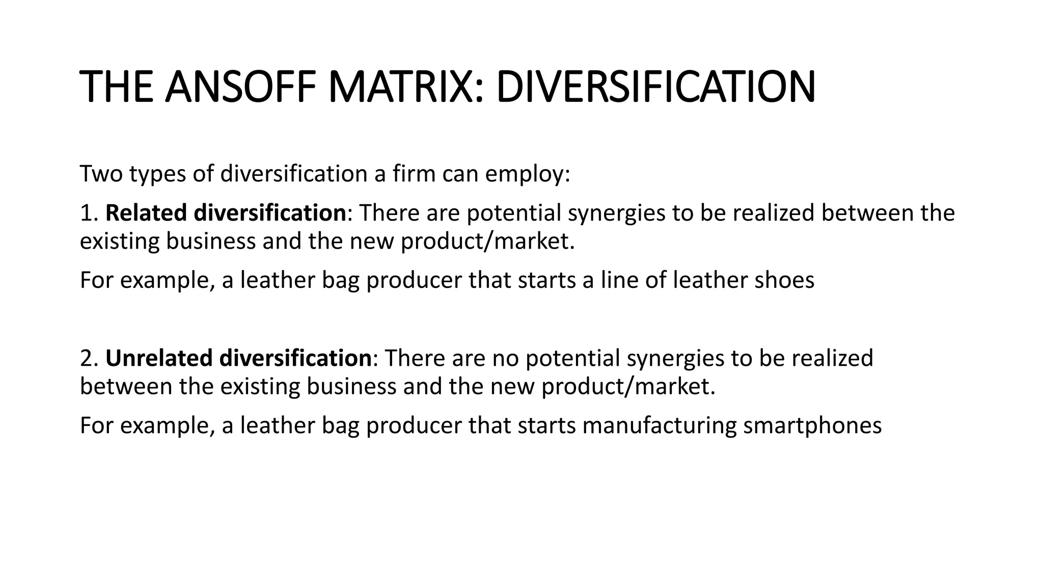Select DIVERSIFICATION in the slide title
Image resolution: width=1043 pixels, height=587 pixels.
tap(655, 87)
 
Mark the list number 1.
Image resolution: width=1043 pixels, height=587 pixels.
tap(88, 212)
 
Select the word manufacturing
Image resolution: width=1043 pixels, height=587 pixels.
tap(660, 425)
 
